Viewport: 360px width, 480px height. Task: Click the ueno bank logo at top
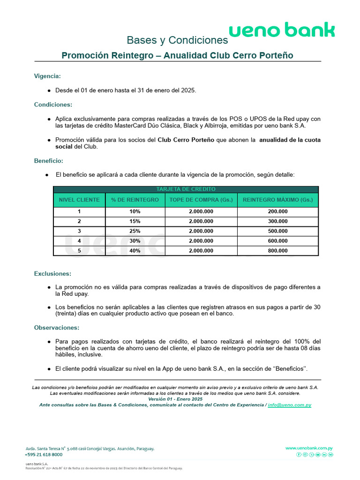click(282, 30)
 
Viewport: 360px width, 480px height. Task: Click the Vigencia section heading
click(47, 76)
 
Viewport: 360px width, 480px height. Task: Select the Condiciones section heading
click(53, 105)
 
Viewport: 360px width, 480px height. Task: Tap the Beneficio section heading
click(49, 160)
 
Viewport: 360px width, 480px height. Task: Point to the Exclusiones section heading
click(52, 273)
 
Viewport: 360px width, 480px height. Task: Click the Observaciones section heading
click(56, 328)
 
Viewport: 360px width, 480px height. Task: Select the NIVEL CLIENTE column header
click(79, 200)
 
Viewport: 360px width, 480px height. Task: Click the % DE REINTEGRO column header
click(135, 200)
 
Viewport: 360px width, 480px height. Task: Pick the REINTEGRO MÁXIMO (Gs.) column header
click(278, 200)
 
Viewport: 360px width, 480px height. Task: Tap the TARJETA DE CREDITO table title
click(186, 189)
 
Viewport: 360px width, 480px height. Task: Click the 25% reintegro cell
click(135, 231)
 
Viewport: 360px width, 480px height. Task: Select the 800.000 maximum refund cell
click(278, 251)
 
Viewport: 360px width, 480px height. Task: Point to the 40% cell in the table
click(135, 251)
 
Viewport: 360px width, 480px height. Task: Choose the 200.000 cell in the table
click(278, 211)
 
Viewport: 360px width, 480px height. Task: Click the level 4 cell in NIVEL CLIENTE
click(79, 241)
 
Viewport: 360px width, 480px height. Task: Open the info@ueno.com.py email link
click(289, 405)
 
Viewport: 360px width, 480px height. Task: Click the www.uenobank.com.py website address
click(309, 448)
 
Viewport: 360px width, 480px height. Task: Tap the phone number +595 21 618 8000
click(44, 455)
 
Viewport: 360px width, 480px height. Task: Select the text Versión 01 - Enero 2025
click(175, 399)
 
